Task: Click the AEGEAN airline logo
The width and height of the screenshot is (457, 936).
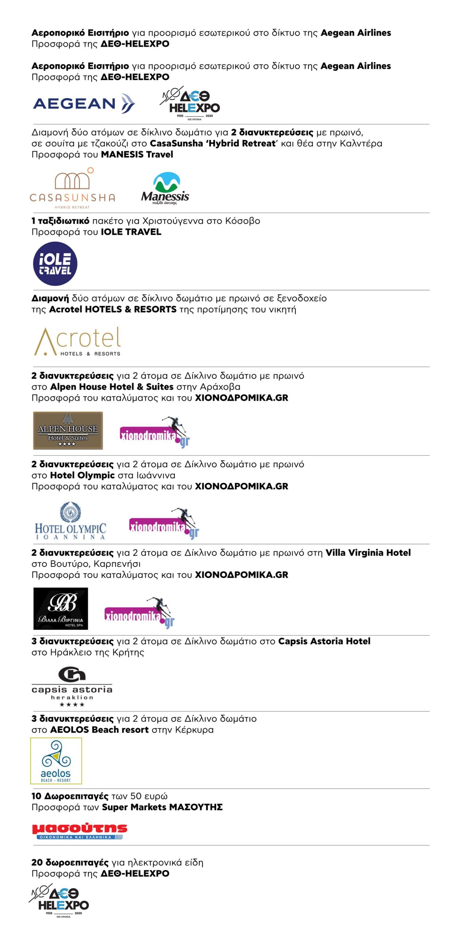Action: [84, 103]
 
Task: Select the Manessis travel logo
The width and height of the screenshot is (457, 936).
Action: [165, 189]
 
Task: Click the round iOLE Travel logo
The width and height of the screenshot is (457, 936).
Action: [55, 264]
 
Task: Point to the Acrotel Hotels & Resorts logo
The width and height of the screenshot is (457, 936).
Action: [77, 341]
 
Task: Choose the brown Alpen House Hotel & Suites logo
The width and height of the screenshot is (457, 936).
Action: [68, 430]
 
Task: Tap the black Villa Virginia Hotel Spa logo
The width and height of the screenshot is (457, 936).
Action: [61, 609]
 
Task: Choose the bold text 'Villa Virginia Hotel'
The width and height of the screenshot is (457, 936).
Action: [368, 553]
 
